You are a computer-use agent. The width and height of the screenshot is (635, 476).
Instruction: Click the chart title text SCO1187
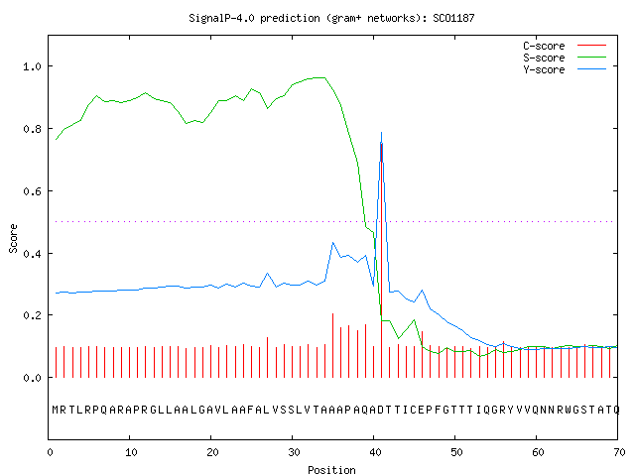[x=453, y=18]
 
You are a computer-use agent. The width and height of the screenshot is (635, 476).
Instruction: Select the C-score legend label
[x=544, y=46]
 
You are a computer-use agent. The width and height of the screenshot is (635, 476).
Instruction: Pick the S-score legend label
[x=544, y=58]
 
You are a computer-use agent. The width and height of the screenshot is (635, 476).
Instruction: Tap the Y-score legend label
[x=544, y=69]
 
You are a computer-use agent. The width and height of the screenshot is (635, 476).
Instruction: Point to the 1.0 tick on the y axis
[x=33, y=66]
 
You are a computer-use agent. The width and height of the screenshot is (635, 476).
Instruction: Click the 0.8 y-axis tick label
[x=33, y=129]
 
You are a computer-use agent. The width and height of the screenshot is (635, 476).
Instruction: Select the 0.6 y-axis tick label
[x=33, y=191]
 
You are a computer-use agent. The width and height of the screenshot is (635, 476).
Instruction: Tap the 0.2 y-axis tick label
[x=33, y=315]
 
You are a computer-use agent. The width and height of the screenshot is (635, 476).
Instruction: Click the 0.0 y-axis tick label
[x=33, y=378]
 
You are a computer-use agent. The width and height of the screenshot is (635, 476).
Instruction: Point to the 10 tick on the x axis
[x=131, y=452]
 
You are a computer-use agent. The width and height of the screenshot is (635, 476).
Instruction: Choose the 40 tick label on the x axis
[x=375, y=452]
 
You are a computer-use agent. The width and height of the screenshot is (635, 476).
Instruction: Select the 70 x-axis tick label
[x=619, y=452]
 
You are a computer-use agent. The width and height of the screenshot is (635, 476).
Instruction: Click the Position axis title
[x=331, y=470]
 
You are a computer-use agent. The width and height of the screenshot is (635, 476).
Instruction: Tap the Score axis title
[x=13, y=239]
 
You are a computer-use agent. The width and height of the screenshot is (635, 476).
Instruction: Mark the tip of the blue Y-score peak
[x=381, y=132]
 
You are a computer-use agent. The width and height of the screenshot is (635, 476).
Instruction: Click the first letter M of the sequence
[x=56, y=410]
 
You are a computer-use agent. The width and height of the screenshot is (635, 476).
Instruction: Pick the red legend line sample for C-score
[x=591, y=46]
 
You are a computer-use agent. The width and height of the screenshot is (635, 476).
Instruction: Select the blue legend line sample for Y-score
[x=591, y=69]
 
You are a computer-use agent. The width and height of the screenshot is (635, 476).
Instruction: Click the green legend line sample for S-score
[x=591, y=58]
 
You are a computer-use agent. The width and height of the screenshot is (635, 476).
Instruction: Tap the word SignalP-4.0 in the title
[x=221, y=18]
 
